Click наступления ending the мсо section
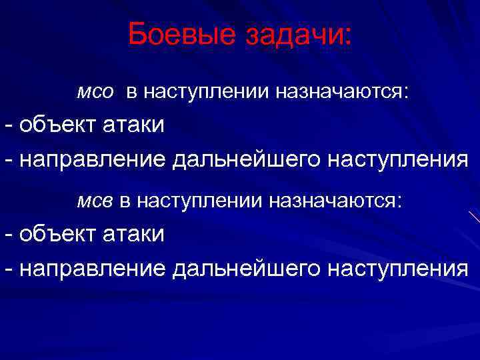396,160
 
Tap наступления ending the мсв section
396,268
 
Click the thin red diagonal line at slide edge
474,217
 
